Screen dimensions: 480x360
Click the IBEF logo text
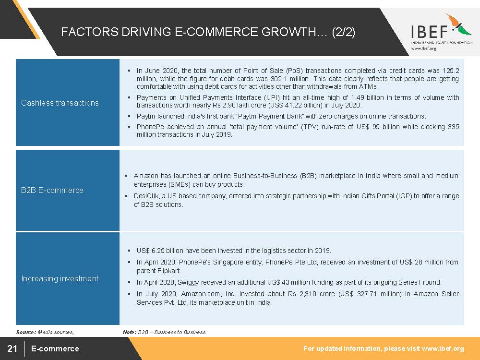pyautogui.click(x=429, y=32)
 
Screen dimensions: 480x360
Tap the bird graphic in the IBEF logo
pyautogui.click(x=458, y=24)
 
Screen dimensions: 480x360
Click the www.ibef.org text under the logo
pyautogui.click(x=424, y=48)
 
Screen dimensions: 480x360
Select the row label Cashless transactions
pyautogui.click(x=60, y=103)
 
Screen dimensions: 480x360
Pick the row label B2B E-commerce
pyautogui.click(x=52, y=190)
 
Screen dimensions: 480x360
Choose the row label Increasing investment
pyautogui.click(x=60, y=278)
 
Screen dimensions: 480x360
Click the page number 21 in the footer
pyautogui.click(x=12, y=348)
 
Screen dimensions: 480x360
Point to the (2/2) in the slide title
pyautogui.click(x=344, y=32)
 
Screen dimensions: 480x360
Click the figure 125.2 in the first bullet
pyautogui.click(x=451, y=71)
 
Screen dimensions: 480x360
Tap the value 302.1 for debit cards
pyautogui.click(x=278, y=79)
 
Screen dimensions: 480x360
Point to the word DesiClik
pyautogui.click(x=146, y=196)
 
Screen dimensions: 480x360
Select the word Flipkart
pyautogui.click(x=169, y=271)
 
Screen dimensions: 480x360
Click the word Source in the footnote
pyautogui.click(x=26, y=332)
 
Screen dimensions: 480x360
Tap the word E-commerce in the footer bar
pyautogui.click(x=55, y=348)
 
